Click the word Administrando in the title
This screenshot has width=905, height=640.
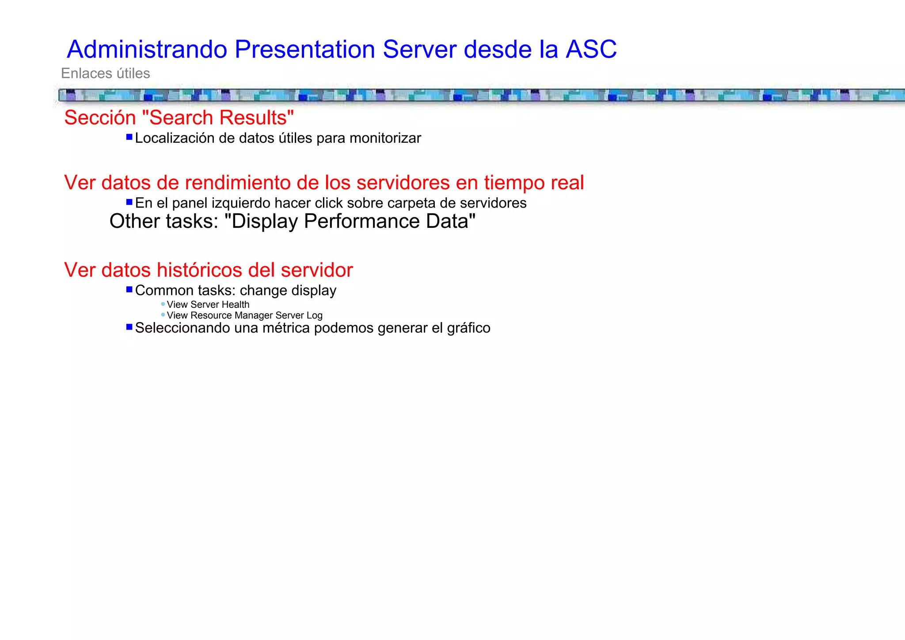point(147,49)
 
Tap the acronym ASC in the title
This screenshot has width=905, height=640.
point(591,49)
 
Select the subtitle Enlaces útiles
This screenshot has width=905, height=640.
point(105,73)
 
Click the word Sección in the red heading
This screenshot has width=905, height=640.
point(100,118)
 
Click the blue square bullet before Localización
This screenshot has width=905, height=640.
point(129,137)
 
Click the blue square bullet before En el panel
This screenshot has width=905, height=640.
point(129,202)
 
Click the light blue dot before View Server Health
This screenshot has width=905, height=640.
point(163,304)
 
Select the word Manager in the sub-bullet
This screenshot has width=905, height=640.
point(254,315)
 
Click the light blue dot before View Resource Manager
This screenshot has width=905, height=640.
point(163,314)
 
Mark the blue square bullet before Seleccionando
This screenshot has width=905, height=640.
point(129,327)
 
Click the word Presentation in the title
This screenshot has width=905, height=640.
point(304,49)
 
